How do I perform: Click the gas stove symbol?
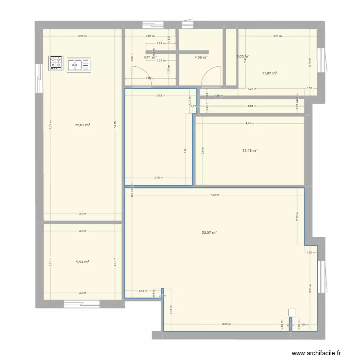tap(57, 63)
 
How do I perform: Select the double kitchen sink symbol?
tap(76, 65)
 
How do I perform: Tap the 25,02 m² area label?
tap(83, 125)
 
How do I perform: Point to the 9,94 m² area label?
tap(83, 262)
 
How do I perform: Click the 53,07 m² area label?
tap(209, 232)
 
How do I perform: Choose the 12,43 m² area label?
tap(250, 150)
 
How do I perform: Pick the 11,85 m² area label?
tap(269, 73)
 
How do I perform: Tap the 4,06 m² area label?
tap(201, 58)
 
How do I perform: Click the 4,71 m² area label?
tap(150, 58)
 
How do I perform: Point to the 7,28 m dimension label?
tap(215, 195)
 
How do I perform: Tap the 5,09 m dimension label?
tap(226, 324)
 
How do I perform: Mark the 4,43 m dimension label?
tap(249, 123)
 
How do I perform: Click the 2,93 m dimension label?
tap(160, 96)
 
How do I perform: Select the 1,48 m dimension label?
tap(142, 290)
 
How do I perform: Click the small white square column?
tap(292, 312)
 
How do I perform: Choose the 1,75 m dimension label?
tap(170, 310)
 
